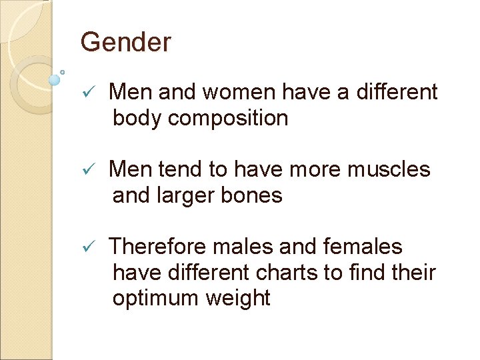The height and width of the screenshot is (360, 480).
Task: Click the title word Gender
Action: tap(125, 43)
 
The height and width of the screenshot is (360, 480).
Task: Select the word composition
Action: tap(228, 118)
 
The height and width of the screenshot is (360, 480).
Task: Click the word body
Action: tap(137, 118)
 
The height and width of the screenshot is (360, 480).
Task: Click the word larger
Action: tap(190, 195)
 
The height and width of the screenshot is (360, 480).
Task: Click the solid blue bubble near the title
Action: tap(55, 80)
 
